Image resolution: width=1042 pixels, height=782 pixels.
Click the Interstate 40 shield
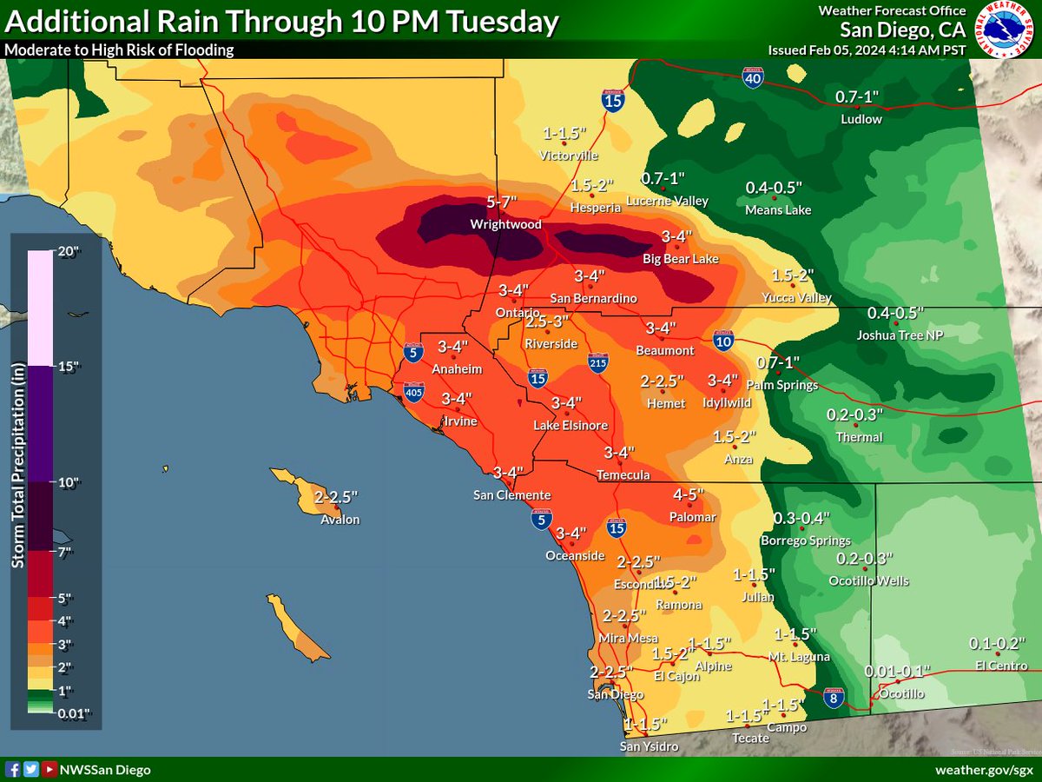[x=753, y=79]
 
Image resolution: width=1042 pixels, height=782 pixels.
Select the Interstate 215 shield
[x=597, y=363]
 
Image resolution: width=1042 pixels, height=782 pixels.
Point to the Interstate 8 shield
[x=834, y=698]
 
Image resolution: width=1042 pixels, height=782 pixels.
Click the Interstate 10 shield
[x=722, y=341]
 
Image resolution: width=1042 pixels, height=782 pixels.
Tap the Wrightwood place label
[x=505, y=224]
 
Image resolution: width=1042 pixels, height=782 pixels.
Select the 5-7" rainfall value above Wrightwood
[x=503, y=202]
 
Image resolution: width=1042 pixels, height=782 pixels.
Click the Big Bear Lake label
[x=682, y=258]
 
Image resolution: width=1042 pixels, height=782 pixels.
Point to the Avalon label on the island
[x=340, y=520]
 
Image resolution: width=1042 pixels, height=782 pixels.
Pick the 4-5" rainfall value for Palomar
[x=689, y=494]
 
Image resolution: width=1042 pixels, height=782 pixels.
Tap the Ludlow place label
[x=861, y=119]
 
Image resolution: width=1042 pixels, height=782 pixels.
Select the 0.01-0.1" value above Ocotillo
[x=897, y=672]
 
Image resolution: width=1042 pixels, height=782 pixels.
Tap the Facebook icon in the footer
[x=12, y=769]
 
